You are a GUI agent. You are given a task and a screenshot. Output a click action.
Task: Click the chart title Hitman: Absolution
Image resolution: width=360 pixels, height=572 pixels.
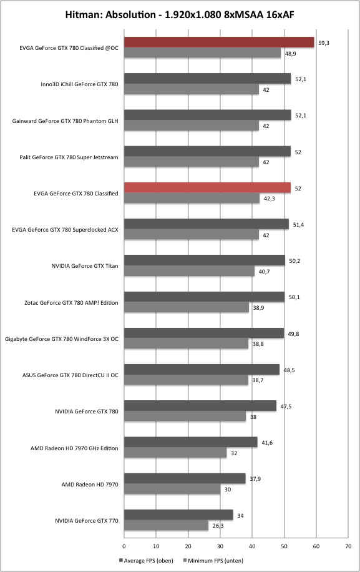(110, 15)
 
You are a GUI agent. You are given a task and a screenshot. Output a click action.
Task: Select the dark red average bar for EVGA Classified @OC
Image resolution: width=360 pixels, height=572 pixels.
(219, 42)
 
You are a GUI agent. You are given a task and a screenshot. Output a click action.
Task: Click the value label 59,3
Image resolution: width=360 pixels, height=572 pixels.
(324, 43)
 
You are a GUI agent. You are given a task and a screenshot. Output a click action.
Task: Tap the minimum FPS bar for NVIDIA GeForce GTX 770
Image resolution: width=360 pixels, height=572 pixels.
(166, 526)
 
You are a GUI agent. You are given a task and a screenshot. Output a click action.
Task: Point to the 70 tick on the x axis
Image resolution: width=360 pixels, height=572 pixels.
(348, 546)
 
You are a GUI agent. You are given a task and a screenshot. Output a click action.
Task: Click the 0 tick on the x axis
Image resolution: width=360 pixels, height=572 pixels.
(124, 546)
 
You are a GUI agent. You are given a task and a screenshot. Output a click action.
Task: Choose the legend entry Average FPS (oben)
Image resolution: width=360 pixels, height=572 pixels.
(146, 561)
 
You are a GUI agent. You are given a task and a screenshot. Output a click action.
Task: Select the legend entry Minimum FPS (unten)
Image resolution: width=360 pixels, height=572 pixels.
(213, 561)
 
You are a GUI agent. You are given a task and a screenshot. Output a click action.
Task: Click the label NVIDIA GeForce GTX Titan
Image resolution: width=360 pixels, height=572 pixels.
(85, 266)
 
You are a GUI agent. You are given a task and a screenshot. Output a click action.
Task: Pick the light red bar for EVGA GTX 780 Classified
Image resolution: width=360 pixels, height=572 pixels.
(207, 187)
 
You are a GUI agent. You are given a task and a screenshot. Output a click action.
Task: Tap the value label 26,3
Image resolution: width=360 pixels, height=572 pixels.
(218, 526)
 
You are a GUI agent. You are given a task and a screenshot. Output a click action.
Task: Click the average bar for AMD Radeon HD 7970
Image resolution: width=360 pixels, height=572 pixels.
(185, 478)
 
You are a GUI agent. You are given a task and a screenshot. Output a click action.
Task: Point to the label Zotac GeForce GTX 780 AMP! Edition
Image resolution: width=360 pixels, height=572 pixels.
(71, 303)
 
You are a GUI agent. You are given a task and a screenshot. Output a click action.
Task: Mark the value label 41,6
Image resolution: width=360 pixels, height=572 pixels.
(267, 443)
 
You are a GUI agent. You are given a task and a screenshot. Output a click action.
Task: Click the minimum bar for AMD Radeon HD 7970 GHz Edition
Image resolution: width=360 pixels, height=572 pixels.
(175, 453)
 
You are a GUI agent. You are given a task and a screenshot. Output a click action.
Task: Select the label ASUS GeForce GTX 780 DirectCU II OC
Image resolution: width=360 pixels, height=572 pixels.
(71, 375)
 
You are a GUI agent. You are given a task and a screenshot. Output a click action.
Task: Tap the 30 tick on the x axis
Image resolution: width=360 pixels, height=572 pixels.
(220, 546)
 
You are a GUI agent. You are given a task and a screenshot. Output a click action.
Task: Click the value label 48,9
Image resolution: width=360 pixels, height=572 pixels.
(290, 54)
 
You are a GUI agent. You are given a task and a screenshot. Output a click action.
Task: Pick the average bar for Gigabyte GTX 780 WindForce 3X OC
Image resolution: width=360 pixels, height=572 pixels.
(204, 333)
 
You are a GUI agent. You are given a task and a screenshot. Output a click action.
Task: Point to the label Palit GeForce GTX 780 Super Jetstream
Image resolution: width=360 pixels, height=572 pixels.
(69, 157)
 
